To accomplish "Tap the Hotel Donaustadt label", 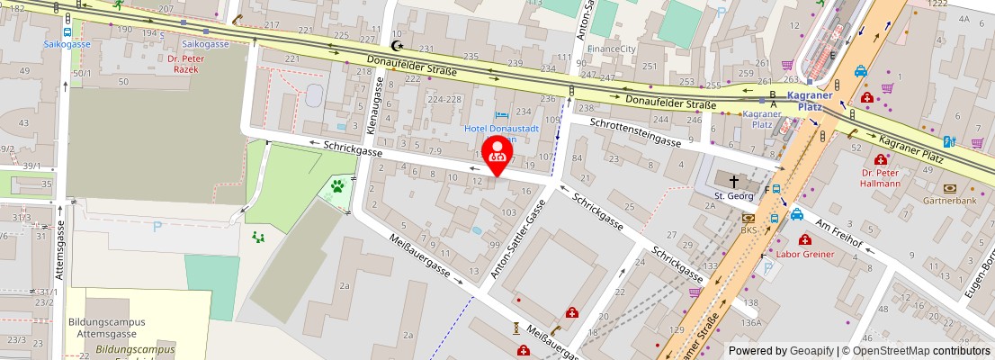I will click(501, 129).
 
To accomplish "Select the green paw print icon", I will click(337, 187).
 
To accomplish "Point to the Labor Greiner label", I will click(805, 254).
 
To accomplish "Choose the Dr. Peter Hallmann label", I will click(880, 177).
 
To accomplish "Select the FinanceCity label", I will click(611, 48).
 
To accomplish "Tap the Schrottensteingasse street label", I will click(634, 131).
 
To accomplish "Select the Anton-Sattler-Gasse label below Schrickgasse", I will click(517, 238).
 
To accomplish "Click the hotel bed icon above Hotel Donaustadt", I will click(501, 114).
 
